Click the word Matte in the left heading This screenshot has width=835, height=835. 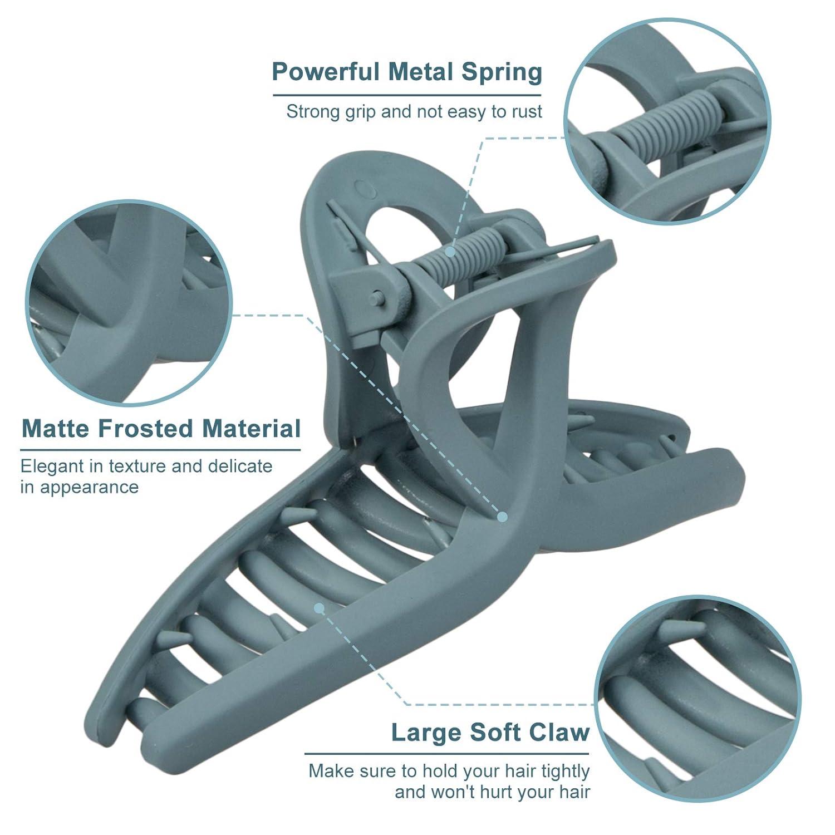pyautogui.click(x=56, y=429)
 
